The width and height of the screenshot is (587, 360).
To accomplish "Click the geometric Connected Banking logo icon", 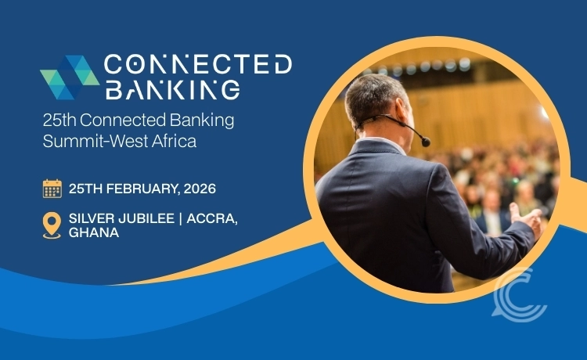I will (x=69, y=77).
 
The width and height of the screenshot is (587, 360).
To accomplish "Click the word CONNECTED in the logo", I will (x=197, y=65).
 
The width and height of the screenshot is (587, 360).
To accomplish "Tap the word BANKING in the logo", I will (x=171, y=89).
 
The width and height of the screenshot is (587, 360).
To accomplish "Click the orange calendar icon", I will (x=52, y=189).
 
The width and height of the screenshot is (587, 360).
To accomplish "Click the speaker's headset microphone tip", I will (x=426, y=142).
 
